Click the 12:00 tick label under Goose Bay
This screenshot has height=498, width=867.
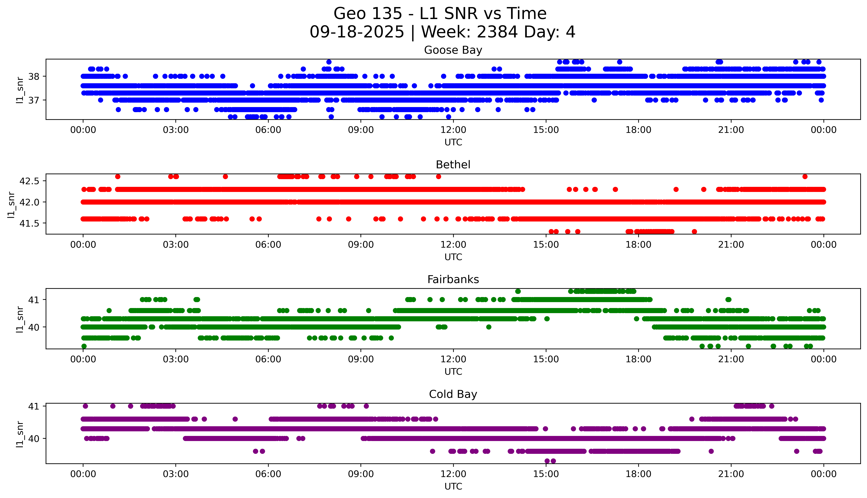[453, 130]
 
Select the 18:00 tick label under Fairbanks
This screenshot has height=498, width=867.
[638, 359]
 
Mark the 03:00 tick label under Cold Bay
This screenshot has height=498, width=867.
[176, 474]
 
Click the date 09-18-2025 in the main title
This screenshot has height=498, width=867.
[357, 32]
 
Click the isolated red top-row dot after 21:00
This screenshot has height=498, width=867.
[805, 177]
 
